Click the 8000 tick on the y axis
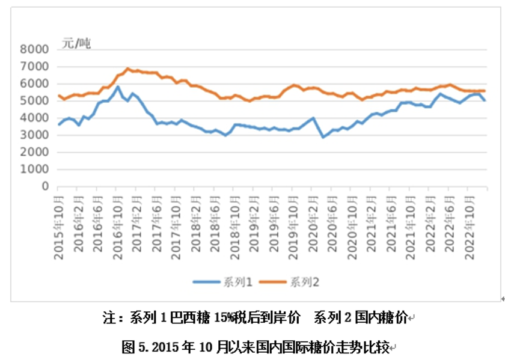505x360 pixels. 35,49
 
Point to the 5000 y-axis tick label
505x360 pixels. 35,100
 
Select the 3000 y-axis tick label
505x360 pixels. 35,135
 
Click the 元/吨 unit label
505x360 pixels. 76,43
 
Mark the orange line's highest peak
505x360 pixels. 127,69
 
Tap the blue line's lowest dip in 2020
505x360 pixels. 323,137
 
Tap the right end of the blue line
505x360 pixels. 485,100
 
